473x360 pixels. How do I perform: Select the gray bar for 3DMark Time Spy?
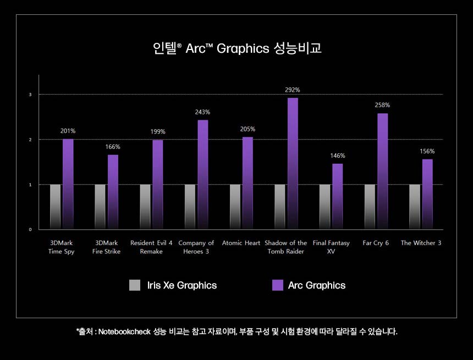click(55, 207)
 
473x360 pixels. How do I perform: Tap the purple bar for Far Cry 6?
click(383, 171)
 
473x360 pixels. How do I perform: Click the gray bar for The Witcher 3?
click(415, 207)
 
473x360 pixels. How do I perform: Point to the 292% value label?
click(293, 90)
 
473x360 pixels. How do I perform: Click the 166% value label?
click(113, 147)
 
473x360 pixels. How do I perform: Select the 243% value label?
click(202, 112)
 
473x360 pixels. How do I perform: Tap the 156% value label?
click(427, 151)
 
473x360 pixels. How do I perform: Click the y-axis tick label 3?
click(31, 95)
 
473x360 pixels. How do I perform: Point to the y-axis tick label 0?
click(31, 229)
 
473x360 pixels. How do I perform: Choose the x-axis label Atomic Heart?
click(241, 243)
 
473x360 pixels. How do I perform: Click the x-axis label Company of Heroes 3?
click(196, 247)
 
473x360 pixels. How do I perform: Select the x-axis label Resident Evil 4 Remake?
click(151, 247)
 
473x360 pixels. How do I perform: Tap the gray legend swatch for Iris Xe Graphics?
click(135, 285)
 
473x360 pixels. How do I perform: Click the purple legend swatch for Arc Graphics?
click(278, 285)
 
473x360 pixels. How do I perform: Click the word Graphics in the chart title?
click(243, 48)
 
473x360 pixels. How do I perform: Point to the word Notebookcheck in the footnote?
click(124, 331)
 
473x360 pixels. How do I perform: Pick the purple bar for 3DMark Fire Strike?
click(113, 192)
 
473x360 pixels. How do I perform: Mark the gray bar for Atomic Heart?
click(235, 207)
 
